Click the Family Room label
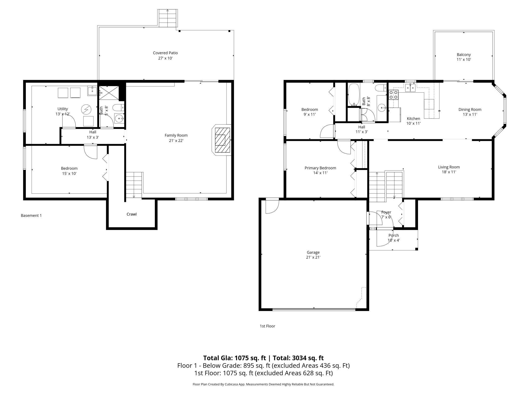tap(176, 135)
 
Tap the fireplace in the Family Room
tap(222, 140)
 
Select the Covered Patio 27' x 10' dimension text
tap(165, 58)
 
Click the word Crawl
tap(131, 214)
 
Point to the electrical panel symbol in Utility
tap(86, 109)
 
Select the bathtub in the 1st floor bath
tap(353, 94)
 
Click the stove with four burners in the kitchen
tap(393, 95)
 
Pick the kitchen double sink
tap(410, 88)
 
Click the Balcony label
tap(464, 55)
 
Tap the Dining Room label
tap(470, 110)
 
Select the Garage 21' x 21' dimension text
tap(313, 257)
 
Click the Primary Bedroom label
tap(320, 168)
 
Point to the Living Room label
tap(449, 167)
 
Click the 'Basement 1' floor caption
tap(31, 215)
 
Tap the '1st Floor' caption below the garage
tap(267, 326)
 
